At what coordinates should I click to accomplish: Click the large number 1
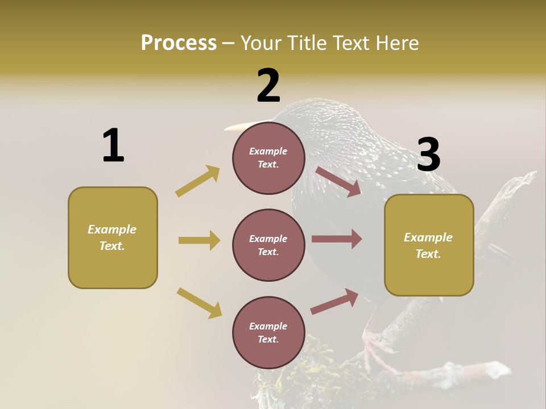click(113, 145)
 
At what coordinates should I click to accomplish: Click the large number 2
click(268, 86)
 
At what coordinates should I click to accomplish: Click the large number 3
click(428, 155)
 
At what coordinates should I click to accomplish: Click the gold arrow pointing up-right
click(198, 181)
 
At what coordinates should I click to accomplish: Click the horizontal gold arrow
click(199, 240)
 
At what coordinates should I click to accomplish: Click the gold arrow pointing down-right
click(199, 303)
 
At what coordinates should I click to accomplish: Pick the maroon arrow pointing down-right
click(338, 181)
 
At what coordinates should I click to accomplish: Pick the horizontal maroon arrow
click(337, 239)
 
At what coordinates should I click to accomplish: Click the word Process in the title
click(179, 43)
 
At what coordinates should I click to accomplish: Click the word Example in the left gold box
click(112, 229)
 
